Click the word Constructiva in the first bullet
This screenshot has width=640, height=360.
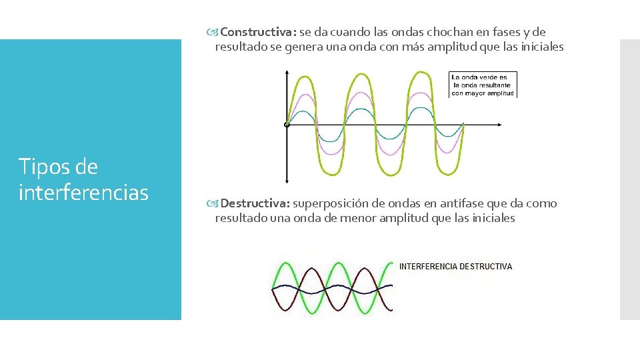click(x=258, y=32)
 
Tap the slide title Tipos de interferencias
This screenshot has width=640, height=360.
click(x=83, y=179)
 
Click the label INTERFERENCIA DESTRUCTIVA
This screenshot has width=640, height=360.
click(x=455, y=267)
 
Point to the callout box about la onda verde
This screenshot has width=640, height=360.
click(x=483, y=85)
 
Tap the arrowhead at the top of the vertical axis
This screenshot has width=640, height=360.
click(x=287, y=72)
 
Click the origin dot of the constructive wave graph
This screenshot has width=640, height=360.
click(x=287, y=125)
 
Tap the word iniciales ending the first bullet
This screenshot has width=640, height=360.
click(x=541, y=47)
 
